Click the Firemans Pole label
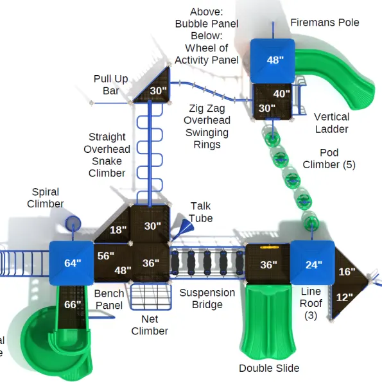click(x=325, y=22)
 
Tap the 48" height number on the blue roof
click(x=275, y=60)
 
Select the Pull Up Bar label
click(x=111, y=85)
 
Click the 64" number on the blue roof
click(x=73, y=263)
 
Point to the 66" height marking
click(x=73, y=304)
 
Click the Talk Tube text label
click(x=201, y=213)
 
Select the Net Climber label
click(x=150, y=325)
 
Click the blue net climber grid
click(x=151, y=297)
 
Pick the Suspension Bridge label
click(x=207, y=299)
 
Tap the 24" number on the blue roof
click(x=314, y=265)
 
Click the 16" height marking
click(x=347, y=272)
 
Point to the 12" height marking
click(x=345, y=297)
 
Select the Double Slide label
click(x=269, y=369)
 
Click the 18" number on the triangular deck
click(x=118, y=230)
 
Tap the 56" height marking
click(x=106, y=256)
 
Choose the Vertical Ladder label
click(x=331, y=123)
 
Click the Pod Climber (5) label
click(x=329, y=159)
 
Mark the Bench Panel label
click(x=109, y=299)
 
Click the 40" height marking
click(x=282, y=94)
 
